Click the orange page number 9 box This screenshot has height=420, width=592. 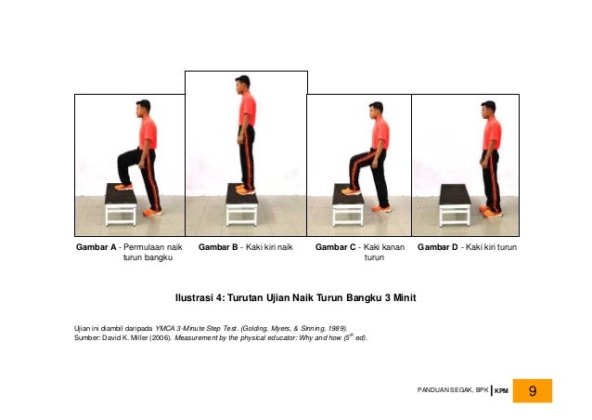(x=532, y=390)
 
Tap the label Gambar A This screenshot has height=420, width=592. (x=97, y=247)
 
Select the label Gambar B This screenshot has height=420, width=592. (x=218, y=247)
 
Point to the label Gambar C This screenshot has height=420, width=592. (x=336, y=247)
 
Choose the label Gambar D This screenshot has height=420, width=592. (x=438, y=247)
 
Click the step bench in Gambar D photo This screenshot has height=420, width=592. (x=455, y=205)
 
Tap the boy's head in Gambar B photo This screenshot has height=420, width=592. (x=242, y=85)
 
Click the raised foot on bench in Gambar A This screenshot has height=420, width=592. (x=123, y=187)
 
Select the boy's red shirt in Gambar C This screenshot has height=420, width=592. (x=380, y=134)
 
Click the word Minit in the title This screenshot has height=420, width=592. (x=405, y=298)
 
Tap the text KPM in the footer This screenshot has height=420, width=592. (x=501, y=391)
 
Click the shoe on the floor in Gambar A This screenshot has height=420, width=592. (x=152, y=213)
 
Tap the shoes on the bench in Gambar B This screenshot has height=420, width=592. (x=245, y=190)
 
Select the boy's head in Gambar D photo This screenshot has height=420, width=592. (x=488, y=110)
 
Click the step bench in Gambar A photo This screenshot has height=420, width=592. (x=121, y=204)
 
